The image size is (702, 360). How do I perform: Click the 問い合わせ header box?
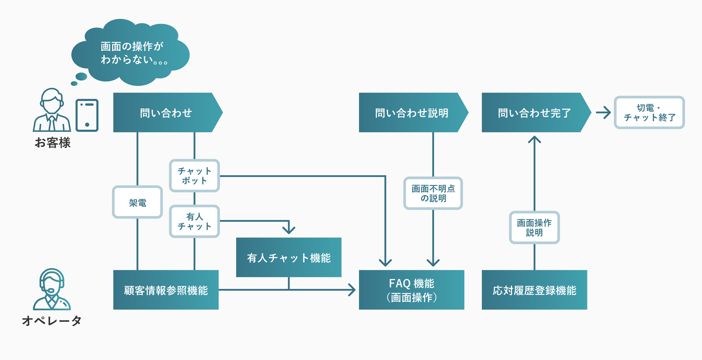tap(166, 112)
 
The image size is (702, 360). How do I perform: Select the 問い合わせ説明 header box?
tap(412, 112)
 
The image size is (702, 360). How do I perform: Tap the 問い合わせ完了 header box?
tap(534, 112)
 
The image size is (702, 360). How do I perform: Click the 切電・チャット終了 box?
tap(649, 112)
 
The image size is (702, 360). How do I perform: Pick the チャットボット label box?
tap(194, 176)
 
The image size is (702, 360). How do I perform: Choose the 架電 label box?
tap(137, 202)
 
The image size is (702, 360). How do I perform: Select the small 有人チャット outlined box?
tap(194, 221)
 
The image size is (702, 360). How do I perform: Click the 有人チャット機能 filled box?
tap(289, 257)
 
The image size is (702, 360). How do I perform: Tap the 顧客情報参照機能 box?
tap(166, 290)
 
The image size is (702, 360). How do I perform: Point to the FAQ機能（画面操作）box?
tap(412, 290)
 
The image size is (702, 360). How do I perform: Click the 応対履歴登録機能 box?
tap(534, 290)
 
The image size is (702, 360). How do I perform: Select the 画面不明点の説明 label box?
tap(433, 193)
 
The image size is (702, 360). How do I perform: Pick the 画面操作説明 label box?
tap(534, 227)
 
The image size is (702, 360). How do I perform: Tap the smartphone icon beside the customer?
tap(87, 115)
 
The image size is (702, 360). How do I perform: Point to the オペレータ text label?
tap(52, 320)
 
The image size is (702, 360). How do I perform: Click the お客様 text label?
tap(53, 143)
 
